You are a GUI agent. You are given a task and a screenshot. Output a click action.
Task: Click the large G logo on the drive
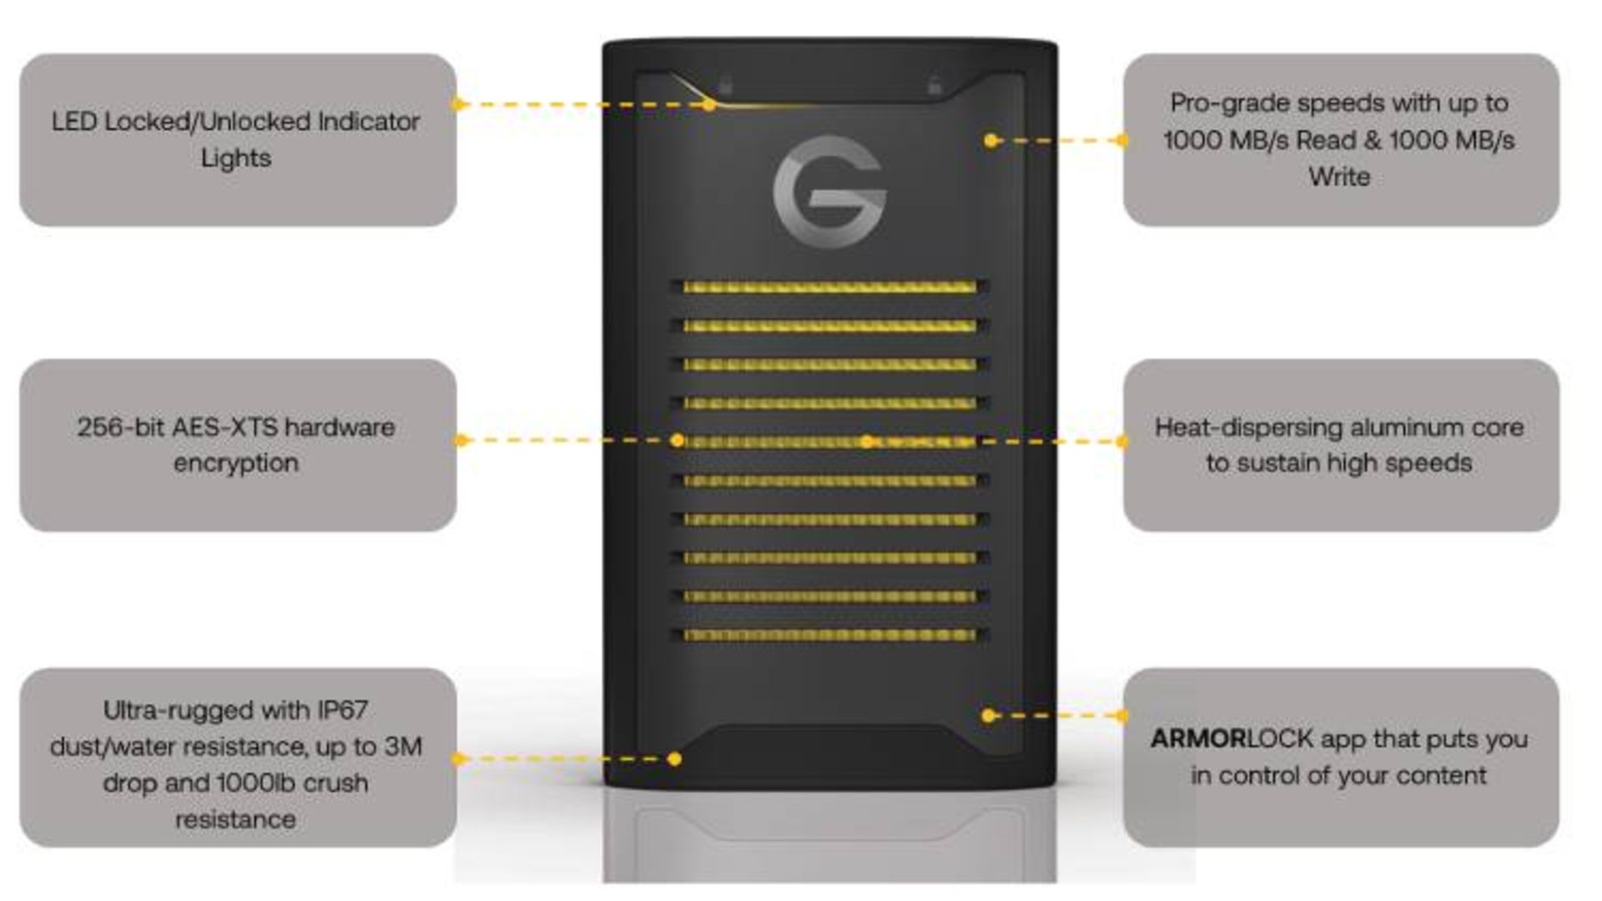click(829, 191)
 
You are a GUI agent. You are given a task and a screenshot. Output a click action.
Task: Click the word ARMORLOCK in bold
click(1197, 739)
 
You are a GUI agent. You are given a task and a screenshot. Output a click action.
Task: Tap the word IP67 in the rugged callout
click(342, 710)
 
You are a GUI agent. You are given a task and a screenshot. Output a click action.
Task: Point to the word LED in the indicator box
click(73, 122)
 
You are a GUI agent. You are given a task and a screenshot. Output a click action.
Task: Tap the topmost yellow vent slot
click(829, 287)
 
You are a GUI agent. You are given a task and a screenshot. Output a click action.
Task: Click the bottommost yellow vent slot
click(829, 635)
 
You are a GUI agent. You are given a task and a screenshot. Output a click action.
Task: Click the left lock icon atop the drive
click(726, 85)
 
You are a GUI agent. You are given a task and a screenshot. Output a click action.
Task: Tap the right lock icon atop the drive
click(934, 85)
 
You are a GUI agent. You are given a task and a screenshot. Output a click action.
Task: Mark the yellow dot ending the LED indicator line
click(709, 105)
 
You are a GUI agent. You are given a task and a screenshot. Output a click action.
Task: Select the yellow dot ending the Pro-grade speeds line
click(990, 140)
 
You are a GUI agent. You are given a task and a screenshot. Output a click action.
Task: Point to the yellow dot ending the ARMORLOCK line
click(989, 715)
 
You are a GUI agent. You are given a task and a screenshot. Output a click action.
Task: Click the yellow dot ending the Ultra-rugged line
click(674, 758)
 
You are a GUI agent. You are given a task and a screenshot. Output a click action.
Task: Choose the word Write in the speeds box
click(1339, 177)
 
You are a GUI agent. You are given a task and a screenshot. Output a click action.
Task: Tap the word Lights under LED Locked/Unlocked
click(236, 159)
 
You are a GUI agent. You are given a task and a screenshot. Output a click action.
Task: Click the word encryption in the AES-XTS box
click(236, 464)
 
